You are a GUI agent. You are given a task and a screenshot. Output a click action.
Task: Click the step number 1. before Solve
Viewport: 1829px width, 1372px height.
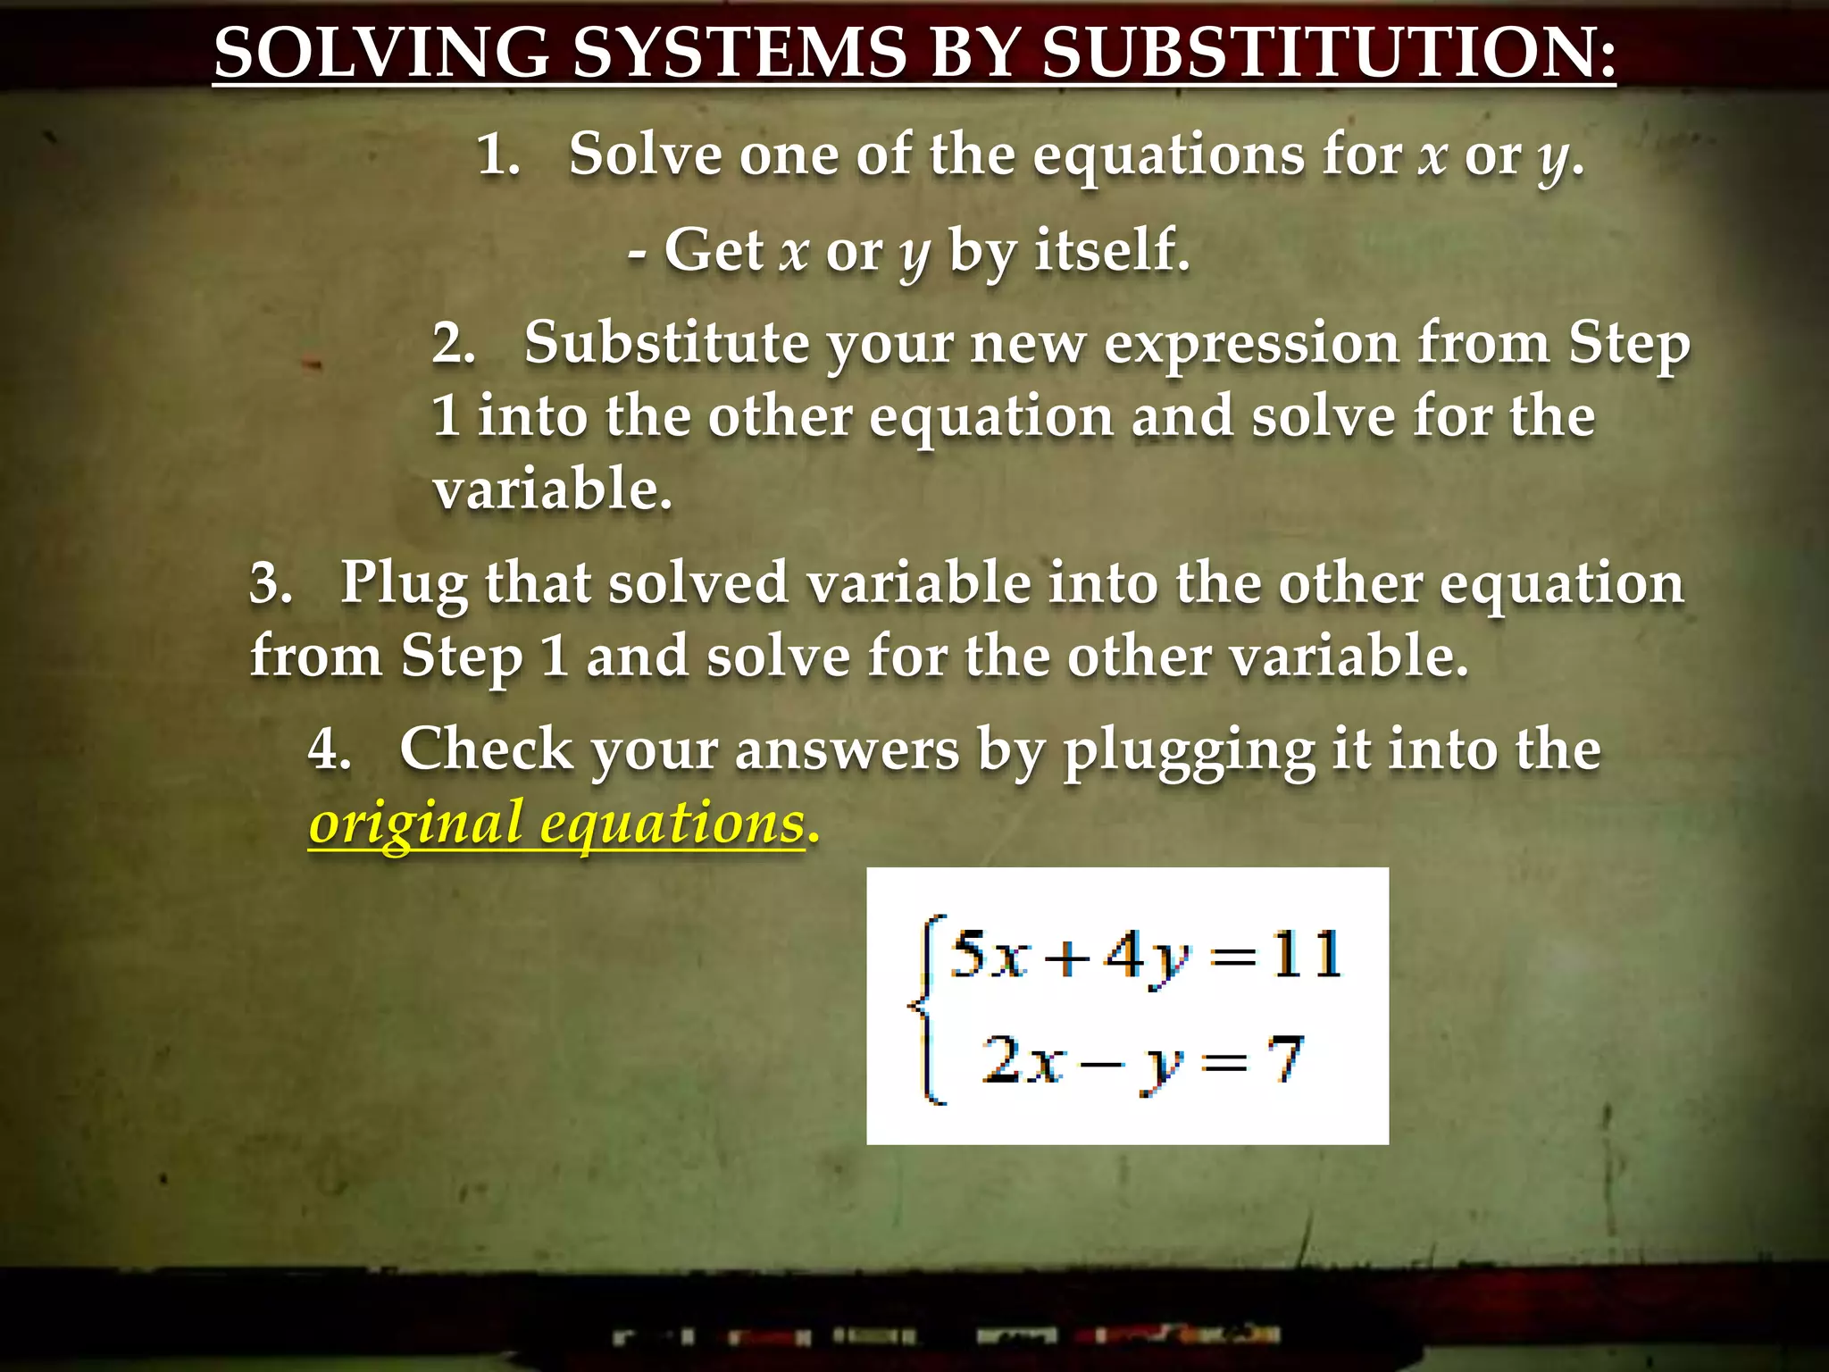[498, 155]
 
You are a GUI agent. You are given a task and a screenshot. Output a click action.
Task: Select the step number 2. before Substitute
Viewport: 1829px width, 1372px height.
[454, 343]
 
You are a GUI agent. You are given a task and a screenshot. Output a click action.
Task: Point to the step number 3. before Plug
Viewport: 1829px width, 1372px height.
[271, 584]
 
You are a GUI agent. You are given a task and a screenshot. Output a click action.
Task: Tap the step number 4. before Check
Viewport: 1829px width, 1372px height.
[329, 749]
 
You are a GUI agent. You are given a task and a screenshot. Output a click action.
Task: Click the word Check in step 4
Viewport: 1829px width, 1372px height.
[486, 749]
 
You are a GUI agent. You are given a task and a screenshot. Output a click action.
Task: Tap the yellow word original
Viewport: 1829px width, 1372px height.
[415, 824]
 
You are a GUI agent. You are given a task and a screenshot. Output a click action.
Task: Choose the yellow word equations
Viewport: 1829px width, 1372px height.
[672, 824]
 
